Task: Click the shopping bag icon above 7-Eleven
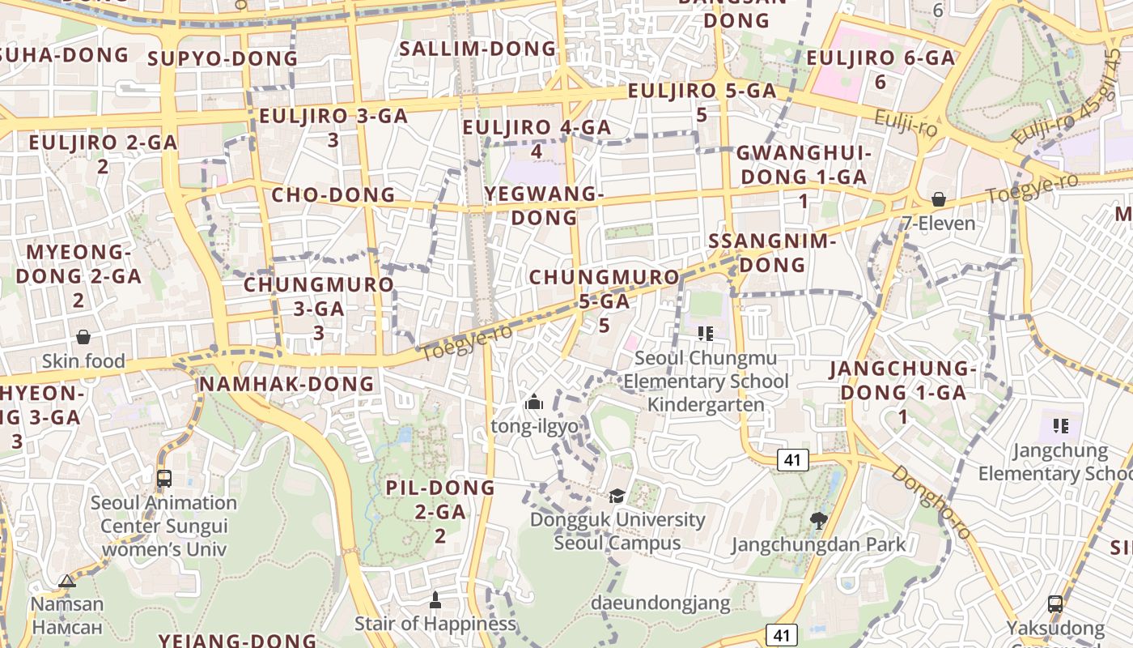[x=939, y=198]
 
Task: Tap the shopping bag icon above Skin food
[x=83, y=337]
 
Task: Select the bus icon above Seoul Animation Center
[x=164, y=478]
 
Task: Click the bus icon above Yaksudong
[x=1055, y=603]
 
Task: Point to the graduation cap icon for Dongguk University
[x=617, y=496]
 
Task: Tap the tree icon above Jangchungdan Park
[x=818, y=520]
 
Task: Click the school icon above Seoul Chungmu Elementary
[x=705, y=333]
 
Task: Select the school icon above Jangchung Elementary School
[x=1061, y=425]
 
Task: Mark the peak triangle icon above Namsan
[x=67, y=580]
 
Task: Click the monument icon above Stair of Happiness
[x=435, y=600]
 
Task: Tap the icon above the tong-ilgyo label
[x=533, y=402]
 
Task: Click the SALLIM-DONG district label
[x=478, y=49]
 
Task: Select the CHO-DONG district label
[x=333, y=195]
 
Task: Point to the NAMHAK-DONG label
[x=287, y=384]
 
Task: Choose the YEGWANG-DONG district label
[x=544, y=206]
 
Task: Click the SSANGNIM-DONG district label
[x=772, y=253]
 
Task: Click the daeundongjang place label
[x=660, y=603]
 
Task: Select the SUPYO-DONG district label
[x=223, y=58]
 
